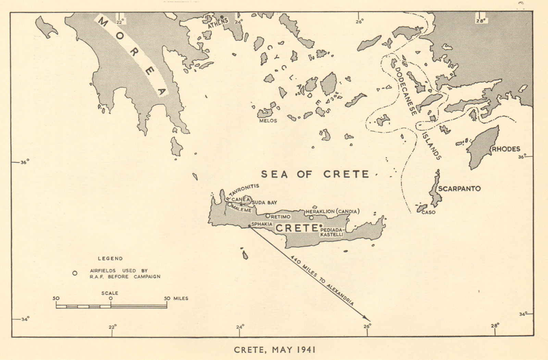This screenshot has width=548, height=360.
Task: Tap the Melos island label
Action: [268, 121]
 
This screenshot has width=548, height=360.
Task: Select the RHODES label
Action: [506, 149]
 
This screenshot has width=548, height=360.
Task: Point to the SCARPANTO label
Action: [459, 189]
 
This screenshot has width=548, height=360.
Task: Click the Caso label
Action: [428, 212]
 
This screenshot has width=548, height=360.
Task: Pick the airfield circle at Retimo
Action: [268, 216]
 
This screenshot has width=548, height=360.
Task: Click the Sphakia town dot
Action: [249, 226]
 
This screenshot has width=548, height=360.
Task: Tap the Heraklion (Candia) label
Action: [332, 211]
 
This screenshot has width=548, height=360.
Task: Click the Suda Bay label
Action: [264, 202]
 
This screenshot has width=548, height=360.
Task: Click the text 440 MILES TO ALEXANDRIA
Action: [322, 280]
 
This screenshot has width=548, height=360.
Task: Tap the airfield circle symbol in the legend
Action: [75, 273]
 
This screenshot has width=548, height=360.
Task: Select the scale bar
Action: [111, 306]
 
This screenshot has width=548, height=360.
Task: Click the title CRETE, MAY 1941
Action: [274, 350]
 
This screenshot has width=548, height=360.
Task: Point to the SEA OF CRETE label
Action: [315, 174]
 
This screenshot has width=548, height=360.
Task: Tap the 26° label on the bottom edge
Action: [367, 326]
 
